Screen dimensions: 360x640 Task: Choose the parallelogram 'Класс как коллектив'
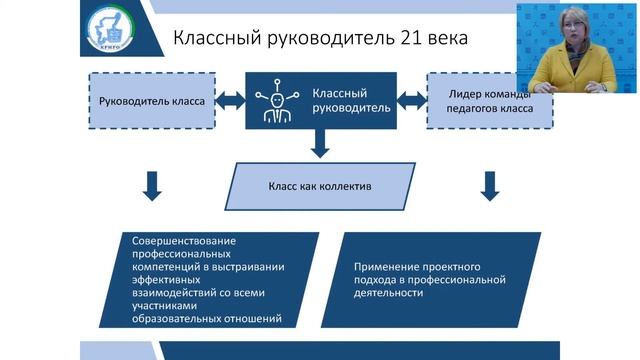tap(319, 186)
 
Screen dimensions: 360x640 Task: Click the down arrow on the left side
tap(152, 184)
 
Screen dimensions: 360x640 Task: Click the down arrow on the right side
tap(490, 184)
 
